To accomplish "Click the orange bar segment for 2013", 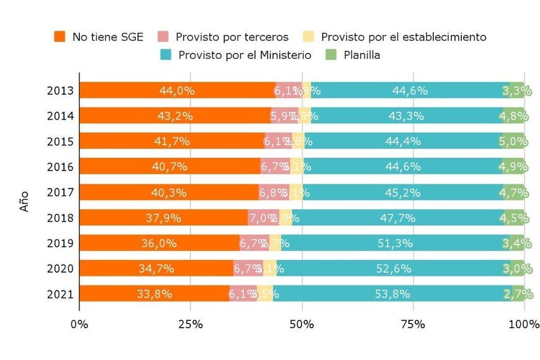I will click(177, 91).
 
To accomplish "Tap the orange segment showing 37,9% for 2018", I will click(163, 218).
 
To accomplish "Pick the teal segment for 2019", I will click(395, 243).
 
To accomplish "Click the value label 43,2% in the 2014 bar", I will click(176, 116).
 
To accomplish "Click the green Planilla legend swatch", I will click(331, 55).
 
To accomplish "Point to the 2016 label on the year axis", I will click(60, 167).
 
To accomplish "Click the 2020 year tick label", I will click(60, 269).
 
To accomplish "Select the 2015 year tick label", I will click(60, 142).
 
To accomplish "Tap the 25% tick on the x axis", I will click(191, 323).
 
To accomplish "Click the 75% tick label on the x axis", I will click(413, 323).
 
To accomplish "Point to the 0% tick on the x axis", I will click(79, 323).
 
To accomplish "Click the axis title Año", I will click(24, 202).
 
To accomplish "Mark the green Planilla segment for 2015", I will click(515, 142).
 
